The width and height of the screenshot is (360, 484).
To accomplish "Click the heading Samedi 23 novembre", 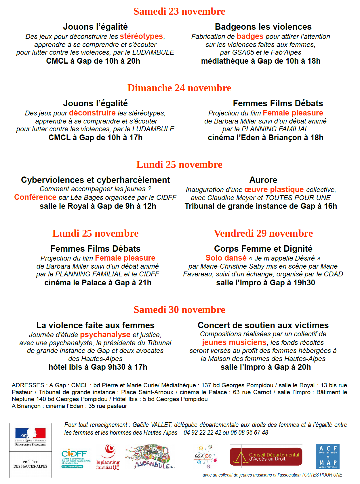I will [179, 12].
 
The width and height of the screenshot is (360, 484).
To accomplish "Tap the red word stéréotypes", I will [141, 37].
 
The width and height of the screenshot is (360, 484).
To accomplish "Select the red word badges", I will [250, 37].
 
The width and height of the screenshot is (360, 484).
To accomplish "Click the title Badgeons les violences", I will [263, 27].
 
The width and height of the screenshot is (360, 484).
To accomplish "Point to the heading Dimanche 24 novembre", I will [179, 88].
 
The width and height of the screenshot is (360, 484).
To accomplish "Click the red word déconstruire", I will [92, 113].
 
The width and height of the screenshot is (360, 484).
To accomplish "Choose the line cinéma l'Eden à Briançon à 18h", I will [265, 138].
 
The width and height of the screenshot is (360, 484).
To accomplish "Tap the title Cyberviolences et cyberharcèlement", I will [95, 180].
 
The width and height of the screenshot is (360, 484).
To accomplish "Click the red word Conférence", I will [35, 197].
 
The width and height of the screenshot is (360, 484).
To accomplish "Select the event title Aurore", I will [263, 180].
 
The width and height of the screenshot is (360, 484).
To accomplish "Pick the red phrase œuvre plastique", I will [274, 189].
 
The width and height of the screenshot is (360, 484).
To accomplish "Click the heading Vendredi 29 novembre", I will [263, 234].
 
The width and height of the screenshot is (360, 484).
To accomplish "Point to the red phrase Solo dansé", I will [226, 258].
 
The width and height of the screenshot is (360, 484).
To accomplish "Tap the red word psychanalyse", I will [105, 335].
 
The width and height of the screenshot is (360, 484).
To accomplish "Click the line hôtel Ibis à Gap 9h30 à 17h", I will [98, 367].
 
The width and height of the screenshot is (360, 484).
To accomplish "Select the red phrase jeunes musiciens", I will [234, 342].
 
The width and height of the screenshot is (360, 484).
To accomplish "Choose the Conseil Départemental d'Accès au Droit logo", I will [266, 456].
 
